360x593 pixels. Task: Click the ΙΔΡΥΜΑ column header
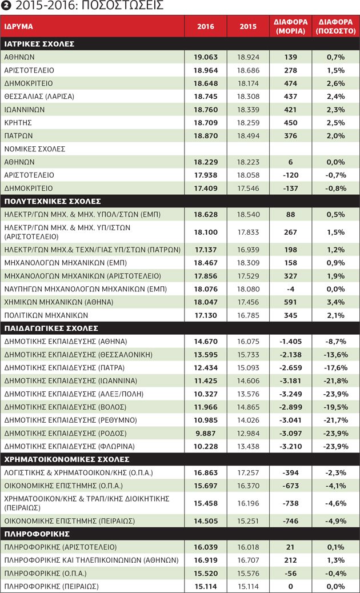[x=18, y=27]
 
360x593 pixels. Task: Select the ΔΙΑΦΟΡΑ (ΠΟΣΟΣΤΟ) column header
[x=335, y=26]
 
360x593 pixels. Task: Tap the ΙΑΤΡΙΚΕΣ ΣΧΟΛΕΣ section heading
[x=39, y=44]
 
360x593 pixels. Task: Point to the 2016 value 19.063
[x=206, y=57]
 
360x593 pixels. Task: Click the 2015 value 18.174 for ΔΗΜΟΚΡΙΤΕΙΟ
[x=248, y=83]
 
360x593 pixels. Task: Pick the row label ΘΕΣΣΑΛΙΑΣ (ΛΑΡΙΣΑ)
[x=39, y=97]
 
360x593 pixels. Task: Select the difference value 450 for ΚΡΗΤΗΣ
[x=291, y=123]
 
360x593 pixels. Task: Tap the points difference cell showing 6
[x=291, y=162]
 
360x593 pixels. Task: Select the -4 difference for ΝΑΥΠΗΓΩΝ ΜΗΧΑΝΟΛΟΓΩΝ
[x=291, y=289]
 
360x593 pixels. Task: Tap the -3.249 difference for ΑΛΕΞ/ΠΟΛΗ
[x=291, y=394]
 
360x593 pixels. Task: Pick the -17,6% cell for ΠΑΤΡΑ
[x=335, y=367]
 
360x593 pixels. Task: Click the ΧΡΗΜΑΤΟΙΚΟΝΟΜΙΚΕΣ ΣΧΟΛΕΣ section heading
[x=67, y=459]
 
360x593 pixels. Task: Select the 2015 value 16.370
[x=248, y=485]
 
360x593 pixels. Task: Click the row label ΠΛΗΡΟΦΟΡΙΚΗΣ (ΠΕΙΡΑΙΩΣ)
[x=51, y=587]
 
